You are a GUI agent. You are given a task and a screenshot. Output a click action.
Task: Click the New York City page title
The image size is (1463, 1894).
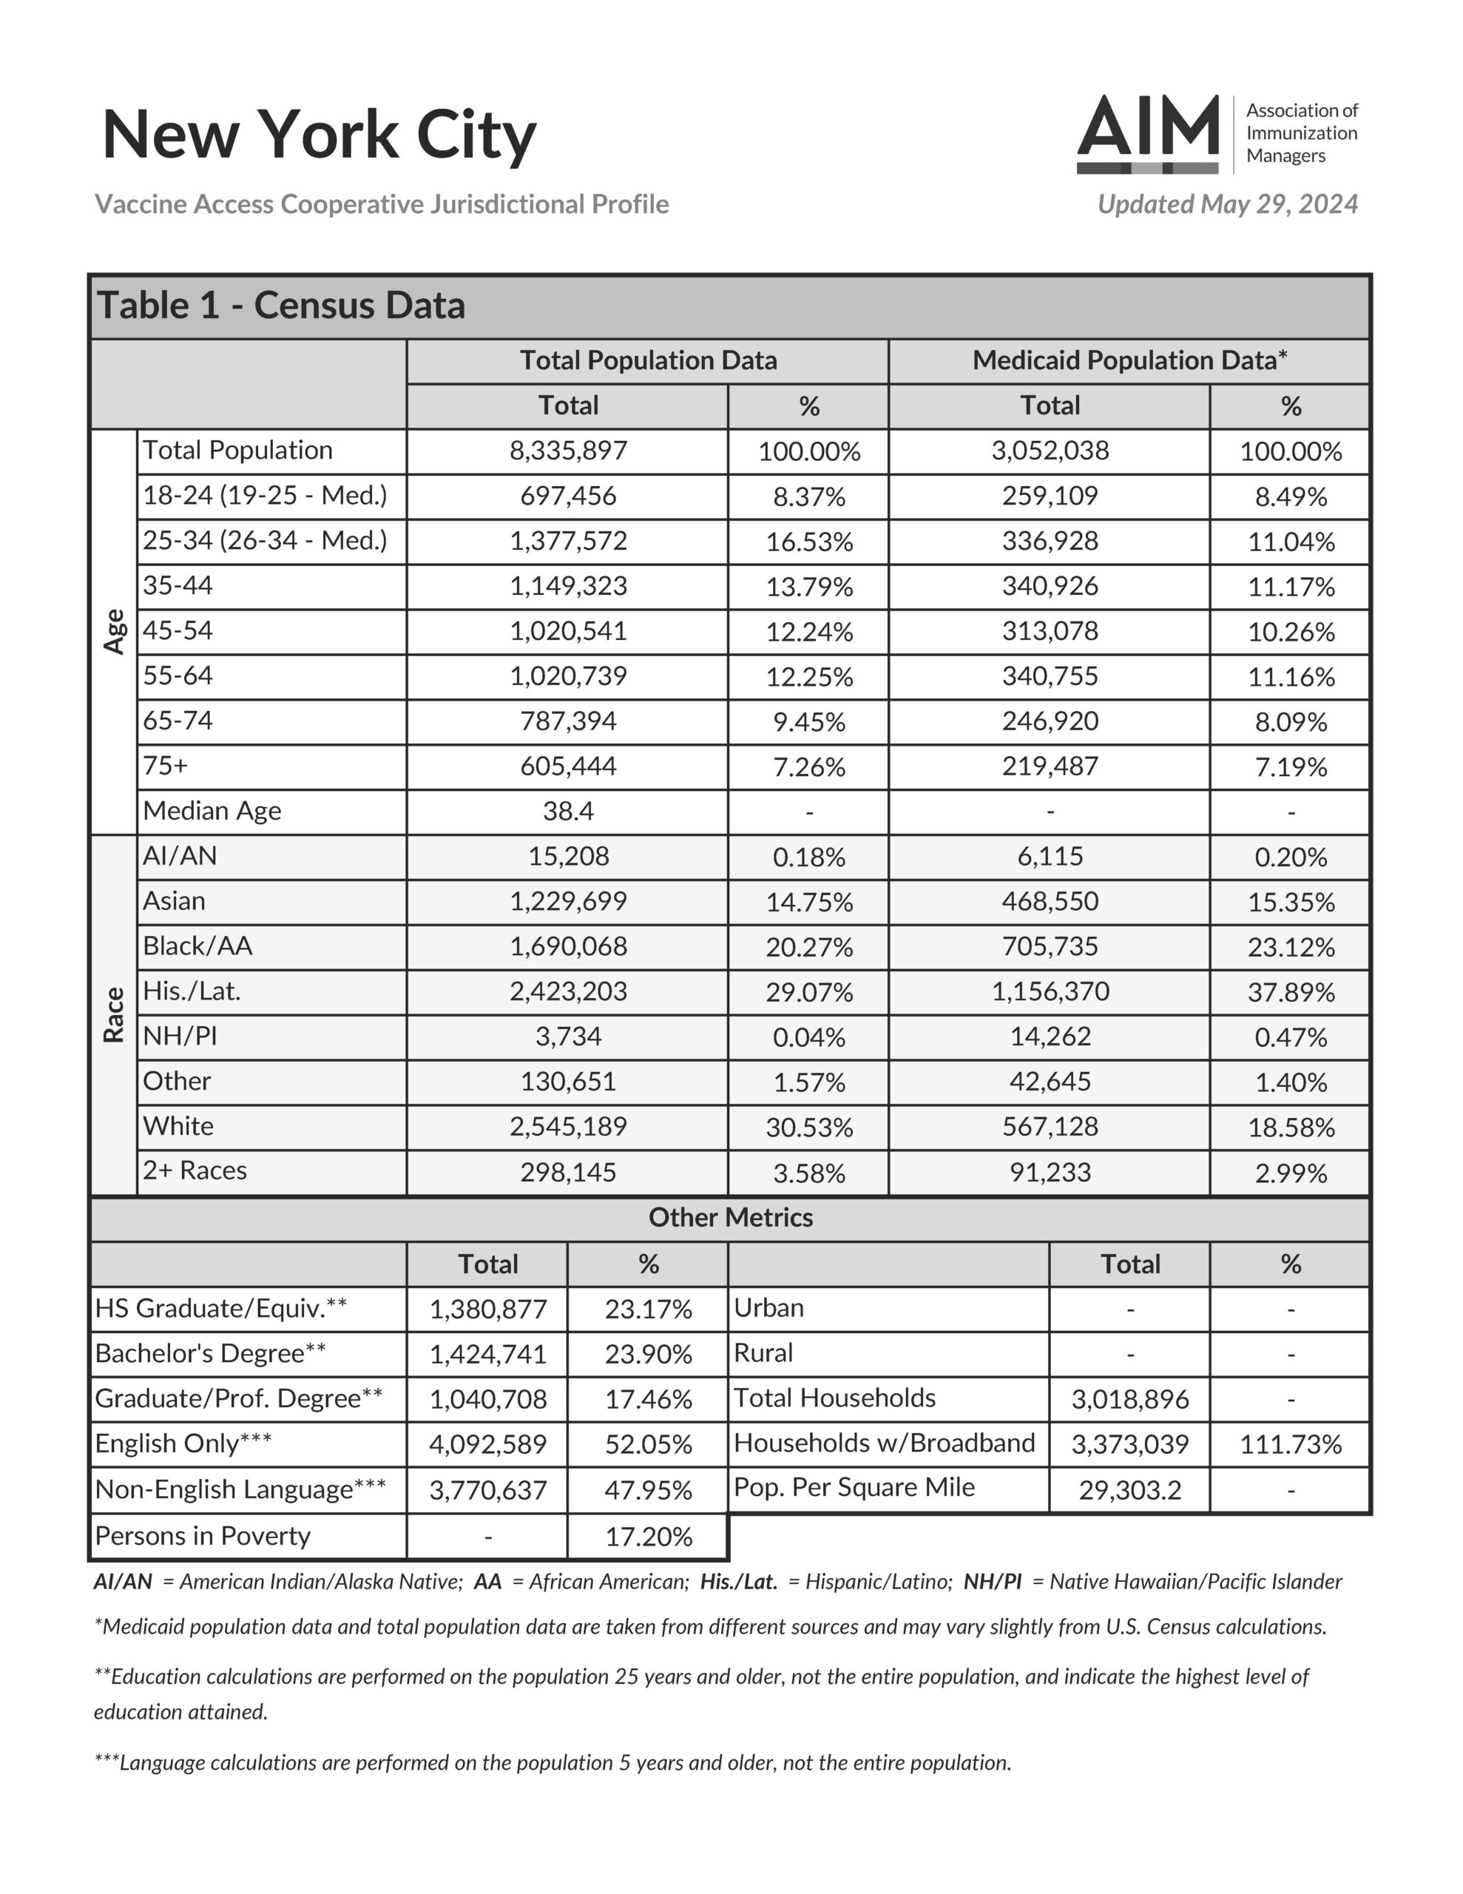pyautogui.click(x=319, y=135)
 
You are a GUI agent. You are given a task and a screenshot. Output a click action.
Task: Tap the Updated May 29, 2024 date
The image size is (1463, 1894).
pyautogui.click(x=1227, y=205)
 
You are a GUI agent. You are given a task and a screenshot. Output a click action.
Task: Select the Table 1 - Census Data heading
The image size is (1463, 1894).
pyautogui.click(x=281, y=306)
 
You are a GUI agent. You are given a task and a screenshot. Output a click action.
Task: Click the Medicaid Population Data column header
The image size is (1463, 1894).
pyautogui.click(x=1129, y=361)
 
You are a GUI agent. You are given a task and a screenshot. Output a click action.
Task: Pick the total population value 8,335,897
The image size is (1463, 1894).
pyautogui.click(x=568, y=451)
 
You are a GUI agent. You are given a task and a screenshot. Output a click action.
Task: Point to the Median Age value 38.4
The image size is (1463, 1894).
pyautogui.click(x=568, y=812)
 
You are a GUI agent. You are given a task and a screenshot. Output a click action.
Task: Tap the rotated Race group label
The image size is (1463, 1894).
pyautogui.click(x=115, y=1014)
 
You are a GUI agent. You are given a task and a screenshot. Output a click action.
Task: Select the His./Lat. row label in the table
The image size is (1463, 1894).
pyautogui.click(x=192, y=991)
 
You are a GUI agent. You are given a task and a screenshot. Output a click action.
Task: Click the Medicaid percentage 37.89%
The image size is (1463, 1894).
pyautogui.click(x=1291, y=992)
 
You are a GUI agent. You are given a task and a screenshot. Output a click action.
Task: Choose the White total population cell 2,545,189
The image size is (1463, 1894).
pyautogui.click(x=568, y=1127)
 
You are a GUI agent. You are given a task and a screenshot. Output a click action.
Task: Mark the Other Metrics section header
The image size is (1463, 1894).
pyautogui.click(x=730, y=1218)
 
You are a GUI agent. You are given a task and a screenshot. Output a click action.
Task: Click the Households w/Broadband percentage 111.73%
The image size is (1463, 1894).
pyautogui.click(x=1291, y=1444)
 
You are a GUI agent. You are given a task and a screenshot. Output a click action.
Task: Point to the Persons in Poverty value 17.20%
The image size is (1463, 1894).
pyautogui.click(x=648, y=1537)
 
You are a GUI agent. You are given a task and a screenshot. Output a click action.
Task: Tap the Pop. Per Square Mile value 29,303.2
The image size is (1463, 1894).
pyautogui.click(x=1129, y=1490)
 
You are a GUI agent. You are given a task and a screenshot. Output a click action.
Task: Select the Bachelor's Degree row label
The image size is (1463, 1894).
pyautogui.click(x=211, y=1354)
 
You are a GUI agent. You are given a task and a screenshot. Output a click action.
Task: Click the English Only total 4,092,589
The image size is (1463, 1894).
pyautogui.click(x=487, y=1444)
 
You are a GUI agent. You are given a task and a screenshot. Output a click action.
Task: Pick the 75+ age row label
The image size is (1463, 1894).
pyautogui.click(x=165, y=766)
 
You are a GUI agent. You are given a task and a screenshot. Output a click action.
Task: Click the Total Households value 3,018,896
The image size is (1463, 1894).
pyautogui.click(x=1129, y=1399)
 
